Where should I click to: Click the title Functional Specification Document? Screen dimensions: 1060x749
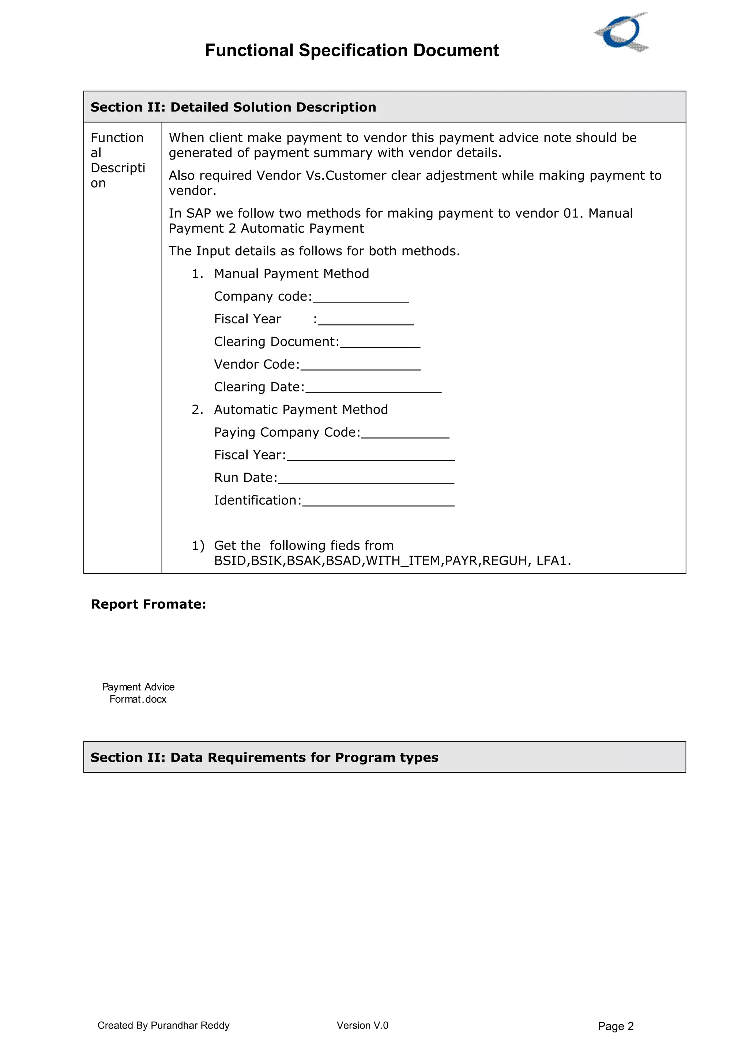pos(352,50)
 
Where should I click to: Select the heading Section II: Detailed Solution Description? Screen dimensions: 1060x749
pos(233,107)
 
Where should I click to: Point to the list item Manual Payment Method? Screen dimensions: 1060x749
pos(291,274)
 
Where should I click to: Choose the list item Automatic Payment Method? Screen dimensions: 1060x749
pos(300,410)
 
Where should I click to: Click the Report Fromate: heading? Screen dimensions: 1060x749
pos(148,604)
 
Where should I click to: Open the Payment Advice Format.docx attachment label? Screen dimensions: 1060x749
pos(138,692)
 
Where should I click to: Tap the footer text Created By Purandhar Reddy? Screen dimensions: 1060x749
pos(163,1025)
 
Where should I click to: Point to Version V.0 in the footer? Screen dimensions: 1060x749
pos(362,1025)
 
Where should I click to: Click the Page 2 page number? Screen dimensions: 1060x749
pos(615,1026)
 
